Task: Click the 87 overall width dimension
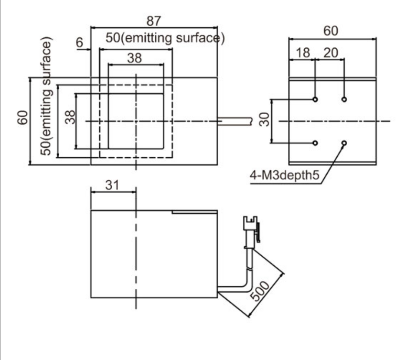click(x=154, y=21)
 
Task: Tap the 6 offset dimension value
click(x=81, y=43)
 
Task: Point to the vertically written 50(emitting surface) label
click(x=46, y=98)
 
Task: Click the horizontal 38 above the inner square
click(x=135, y=58)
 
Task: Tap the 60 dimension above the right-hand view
click(x=331, y=31)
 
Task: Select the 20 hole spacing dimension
click(x=330, y=53)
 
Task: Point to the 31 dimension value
click(x=112, y=185)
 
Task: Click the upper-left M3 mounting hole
click(x=315, y=99)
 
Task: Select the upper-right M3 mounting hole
click(x=344, y=99)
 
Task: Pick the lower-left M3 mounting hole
click(x=315, y=142)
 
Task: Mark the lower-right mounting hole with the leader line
click(x=344, y=142)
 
